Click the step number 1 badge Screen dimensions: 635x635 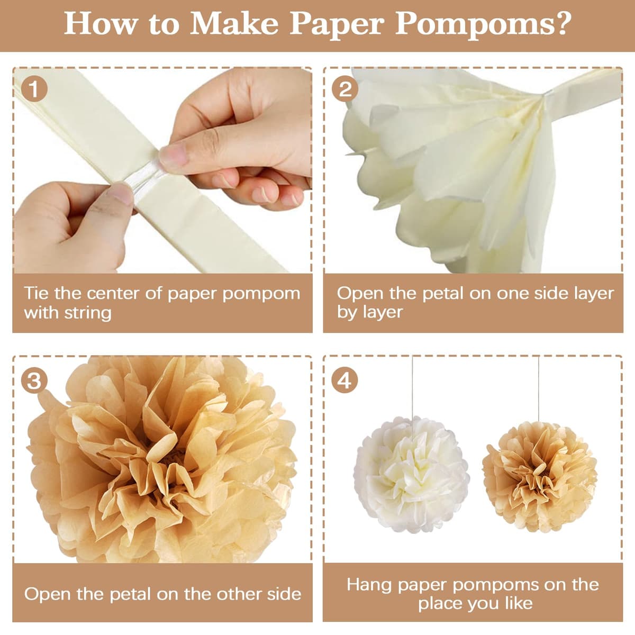coord(34,89)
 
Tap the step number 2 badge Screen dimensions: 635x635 coord(344,89)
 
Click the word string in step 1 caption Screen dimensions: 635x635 coord(88,313)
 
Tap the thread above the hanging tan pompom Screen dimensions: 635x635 coord(539,389)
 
